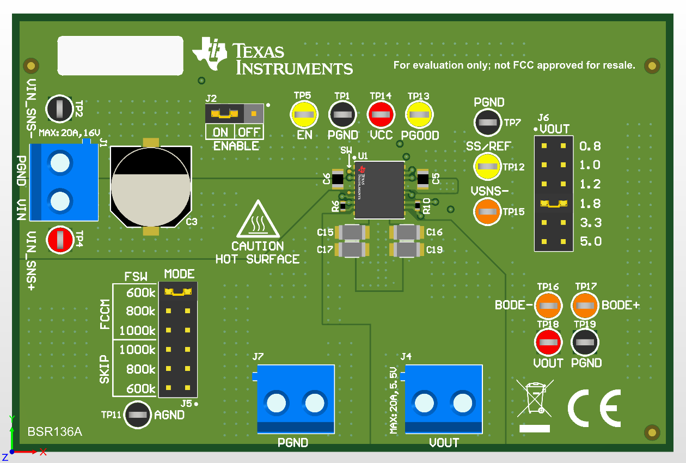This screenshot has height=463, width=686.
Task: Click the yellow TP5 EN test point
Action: click(303, 115)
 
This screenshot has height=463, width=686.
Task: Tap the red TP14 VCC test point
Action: click(381, 115)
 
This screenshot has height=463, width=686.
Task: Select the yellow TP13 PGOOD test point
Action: click(419, 115)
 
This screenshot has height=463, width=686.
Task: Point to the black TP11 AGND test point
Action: click(138, 415)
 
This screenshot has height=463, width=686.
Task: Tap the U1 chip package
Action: click(379, 190)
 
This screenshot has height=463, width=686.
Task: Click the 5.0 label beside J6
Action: click(590, 241)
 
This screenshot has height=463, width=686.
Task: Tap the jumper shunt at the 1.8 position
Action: click(553, 203)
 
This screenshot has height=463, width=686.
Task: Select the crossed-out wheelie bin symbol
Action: click(535, 398)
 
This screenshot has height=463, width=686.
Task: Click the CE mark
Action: click(594, 408)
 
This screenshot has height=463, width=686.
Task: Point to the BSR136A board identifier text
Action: click(54, 432)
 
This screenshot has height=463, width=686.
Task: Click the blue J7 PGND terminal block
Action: click(295, 399)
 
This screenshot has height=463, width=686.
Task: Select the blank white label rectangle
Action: click(120, 56)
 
